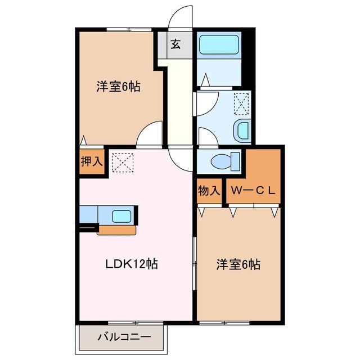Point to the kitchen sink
[122, 216]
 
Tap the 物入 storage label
[209, 190]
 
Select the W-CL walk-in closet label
[253, 190]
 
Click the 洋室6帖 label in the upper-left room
[118, 87]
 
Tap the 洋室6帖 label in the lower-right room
[238, 264]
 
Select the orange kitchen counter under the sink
[116, 229]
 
